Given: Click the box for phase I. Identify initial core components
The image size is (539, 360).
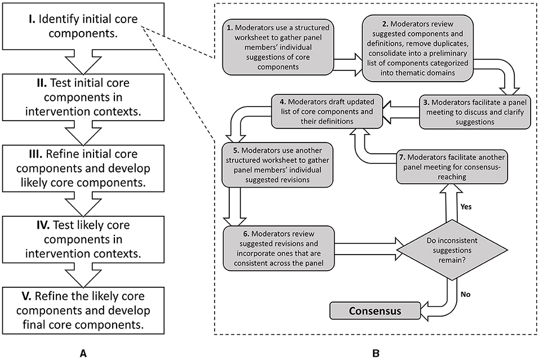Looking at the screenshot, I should point(83,24).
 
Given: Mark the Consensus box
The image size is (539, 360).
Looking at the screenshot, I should point(376,310).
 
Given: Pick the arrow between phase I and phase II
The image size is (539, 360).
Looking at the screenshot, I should point(83,61).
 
